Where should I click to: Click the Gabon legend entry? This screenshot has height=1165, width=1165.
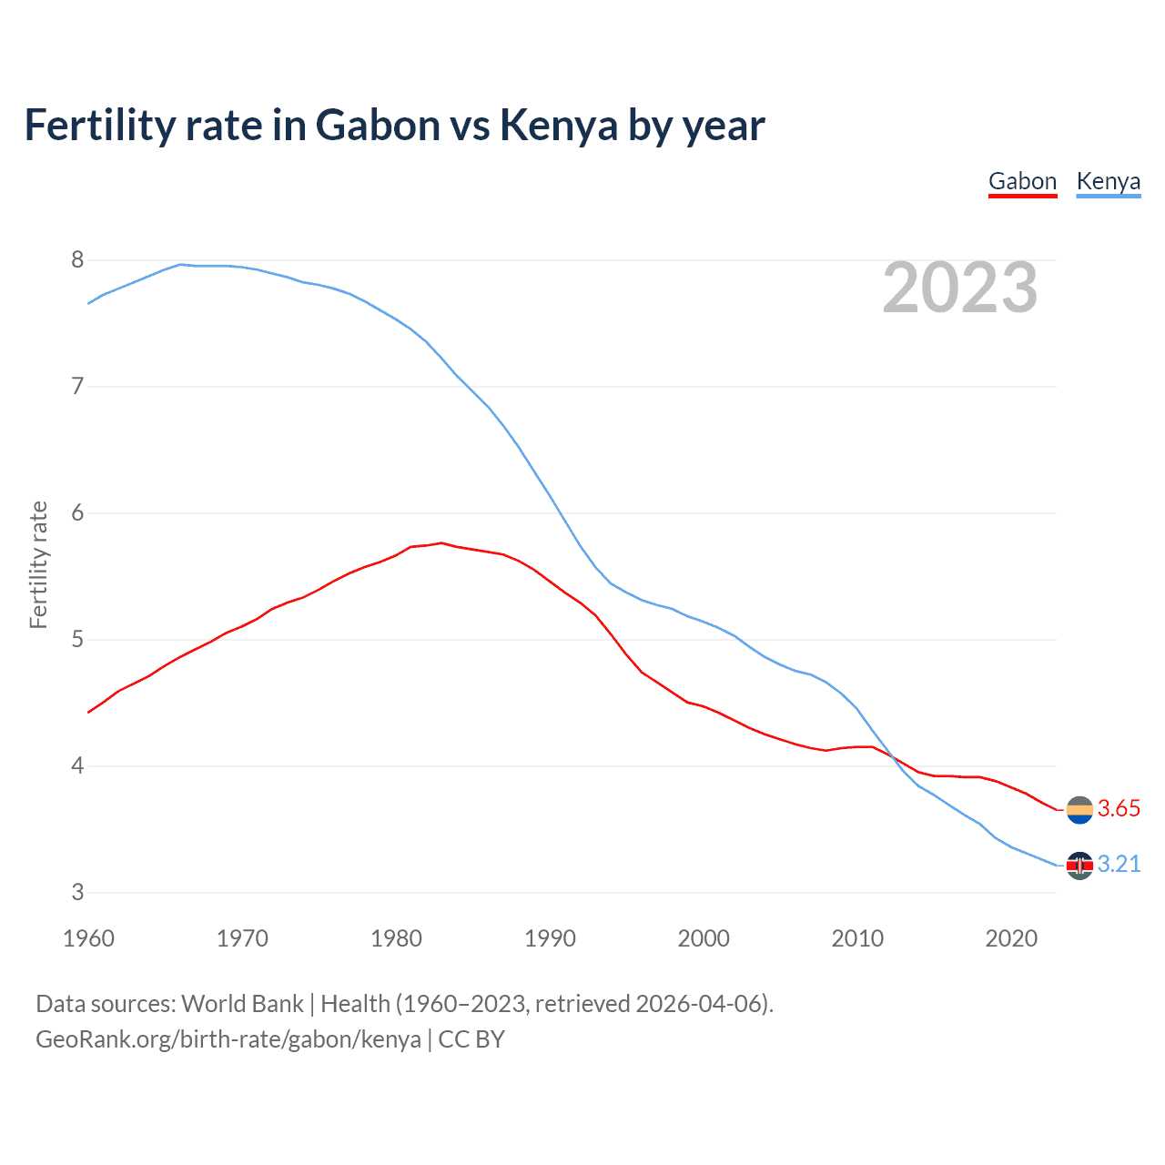coord(1022,181)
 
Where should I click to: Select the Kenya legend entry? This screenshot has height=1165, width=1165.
coord(1108,181)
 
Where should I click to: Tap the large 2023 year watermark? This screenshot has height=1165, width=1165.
coord(959,288)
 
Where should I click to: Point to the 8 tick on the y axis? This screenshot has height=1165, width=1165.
coord(77,260)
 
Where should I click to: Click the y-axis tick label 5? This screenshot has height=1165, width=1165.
coord(77,640)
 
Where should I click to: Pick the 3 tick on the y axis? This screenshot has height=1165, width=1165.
coord(77,892)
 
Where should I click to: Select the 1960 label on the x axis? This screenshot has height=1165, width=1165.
coord(88,938)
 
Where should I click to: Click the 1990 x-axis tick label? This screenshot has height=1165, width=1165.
coord(550,938)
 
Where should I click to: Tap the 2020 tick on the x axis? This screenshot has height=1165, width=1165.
coord(1011,938)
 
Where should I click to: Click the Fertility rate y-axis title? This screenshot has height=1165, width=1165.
coord(38,564)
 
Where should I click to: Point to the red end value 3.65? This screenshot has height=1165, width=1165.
coord(1119,808)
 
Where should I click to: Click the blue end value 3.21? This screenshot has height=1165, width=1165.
coord(1119,864)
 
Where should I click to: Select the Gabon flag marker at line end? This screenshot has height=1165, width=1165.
coord(1079,809)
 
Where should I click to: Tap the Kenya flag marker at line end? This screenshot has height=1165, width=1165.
coord(1079,865)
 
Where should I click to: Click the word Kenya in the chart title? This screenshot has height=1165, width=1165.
coord(559,126)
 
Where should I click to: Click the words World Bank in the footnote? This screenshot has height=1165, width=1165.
coord(242,1004)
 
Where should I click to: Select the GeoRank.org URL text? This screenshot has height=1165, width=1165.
coord(228,1039)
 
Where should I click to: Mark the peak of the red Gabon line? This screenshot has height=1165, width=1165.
coord(441,542)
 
